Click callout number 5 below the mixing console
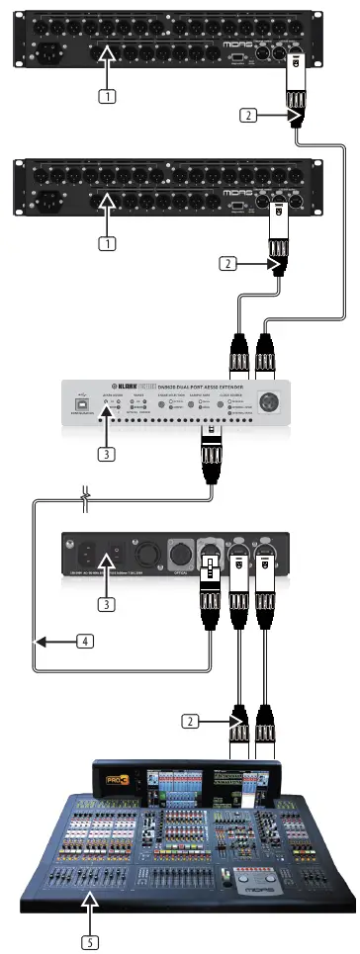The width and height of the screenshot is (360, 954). coord(90,940)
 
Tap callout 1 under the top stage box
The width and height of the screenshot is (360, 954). coord(105,96)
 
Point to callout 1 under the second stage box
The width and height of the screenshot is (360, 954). coord(105,240)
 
